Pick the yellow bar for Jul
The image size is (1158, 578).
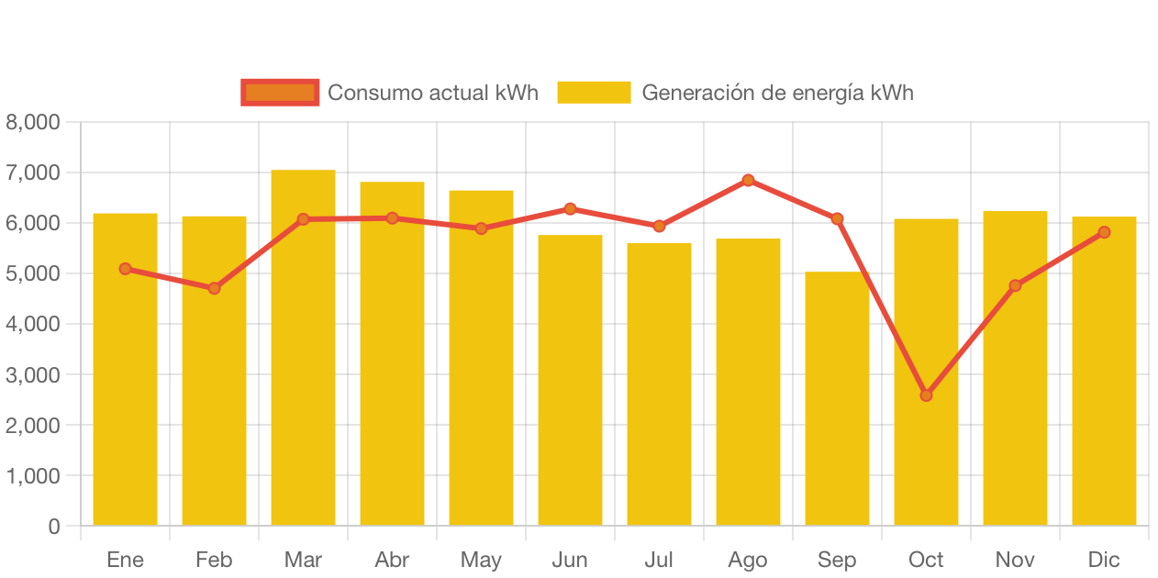pos(659,385)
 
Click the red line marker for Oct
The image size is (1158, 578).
pos(926,395)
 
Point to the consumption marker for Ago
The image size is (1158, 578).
pos(748,180)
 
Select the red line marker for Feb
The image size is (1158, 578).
pos(214,288)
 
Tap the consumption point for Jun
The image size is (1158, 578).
pos(570,209)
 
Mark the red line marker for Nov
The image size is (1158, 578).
pos(1015,285)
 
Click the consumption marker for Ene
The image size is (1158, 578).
pos(125,269)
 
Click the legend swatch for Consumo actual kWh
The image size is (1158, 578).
pos(280,92)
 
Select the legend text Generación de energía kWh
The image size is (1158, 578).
pos(777,93)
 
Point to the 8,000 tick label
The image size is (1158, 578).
pos(33,122)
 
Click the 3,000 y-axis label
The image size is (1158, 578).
pos(33,375)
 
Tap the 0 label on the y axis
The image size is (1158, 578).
pos(54,527)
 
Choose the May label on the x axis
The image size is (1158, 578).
pos(481,560)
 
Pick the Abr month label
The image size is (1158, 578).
pos(392,560)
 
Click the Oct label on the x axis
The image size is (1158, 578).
pos(926,560)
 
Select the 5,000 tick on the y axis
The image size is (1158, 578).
pos(33,274)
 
